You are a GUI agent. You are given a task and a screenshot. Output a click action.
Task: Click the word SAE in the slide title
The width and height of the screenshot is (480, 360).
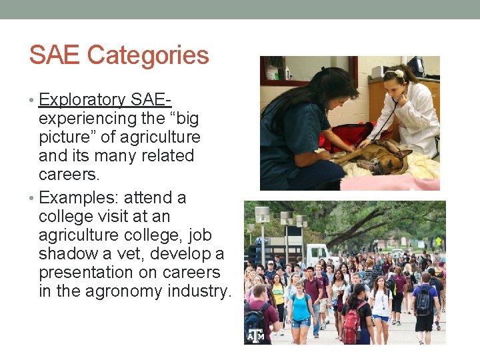[x=55, y=55]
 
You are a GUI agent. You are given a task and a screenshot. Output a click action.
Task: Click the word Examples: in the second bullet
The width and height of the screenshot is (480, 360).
[x=79, y=198]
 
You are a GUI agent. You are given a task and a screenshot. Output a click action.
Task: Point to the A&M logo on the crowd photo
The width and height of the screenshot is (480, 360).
[x=255, y=335]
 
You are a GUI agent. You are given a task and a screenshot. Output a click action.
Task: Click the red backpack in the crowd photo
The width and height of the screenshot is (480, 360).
[x=351, y=327]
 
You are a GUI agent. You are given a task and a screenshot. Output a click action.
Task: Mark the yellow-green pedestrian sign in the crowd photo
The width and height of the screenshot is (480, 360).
[x=438, y=241]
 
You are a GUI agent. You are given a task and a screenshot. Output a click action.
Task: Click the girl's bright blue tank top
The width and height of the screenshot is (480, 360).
[x=301, y=308]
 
